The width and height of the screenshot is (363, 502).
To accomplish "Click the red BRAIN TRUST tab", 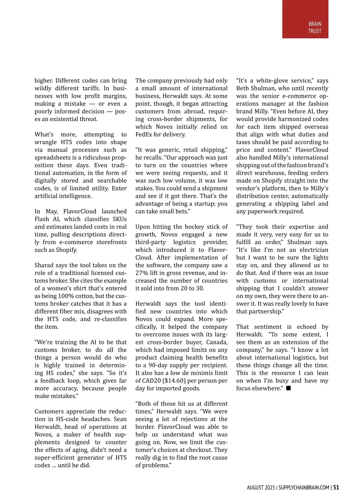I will coord(305,19).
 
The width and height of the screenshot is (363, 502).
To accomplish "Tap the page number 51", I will coord(336,487).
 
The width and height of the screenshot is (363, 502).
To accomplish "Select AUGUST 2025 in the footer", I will coord(261,488).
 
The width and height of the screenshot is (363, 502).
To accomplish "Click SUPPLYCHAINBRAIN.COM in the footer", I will coord(304,488).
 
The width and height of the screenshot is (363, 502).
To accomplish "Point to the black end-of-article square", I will coord(288,388).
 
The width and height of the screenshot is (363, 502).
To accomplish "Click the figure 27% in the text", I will coord(142,273).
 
